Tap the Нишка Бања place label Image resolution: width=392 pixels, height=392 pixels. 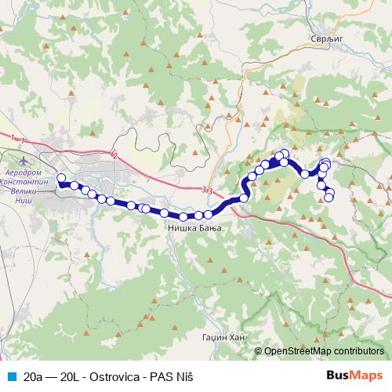pos(194,228)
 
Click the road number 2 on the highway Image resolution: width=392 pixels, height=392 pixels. pos(115,155)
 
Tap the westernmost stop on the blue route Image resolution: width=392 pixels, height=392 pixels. pos(61,178)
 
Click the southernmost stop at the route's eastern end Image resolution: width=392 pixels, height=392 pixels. pos(329,197)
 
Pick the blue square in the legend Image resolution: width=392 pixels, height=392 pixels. pos(10,376)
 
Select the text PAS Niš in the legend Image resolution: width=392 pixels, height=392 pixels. pos(172,376)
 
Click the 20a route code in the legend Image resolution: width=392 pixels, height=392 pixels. pos(34,376)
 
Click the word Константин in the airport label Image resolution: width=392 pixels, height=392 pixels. pos(27,180)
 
